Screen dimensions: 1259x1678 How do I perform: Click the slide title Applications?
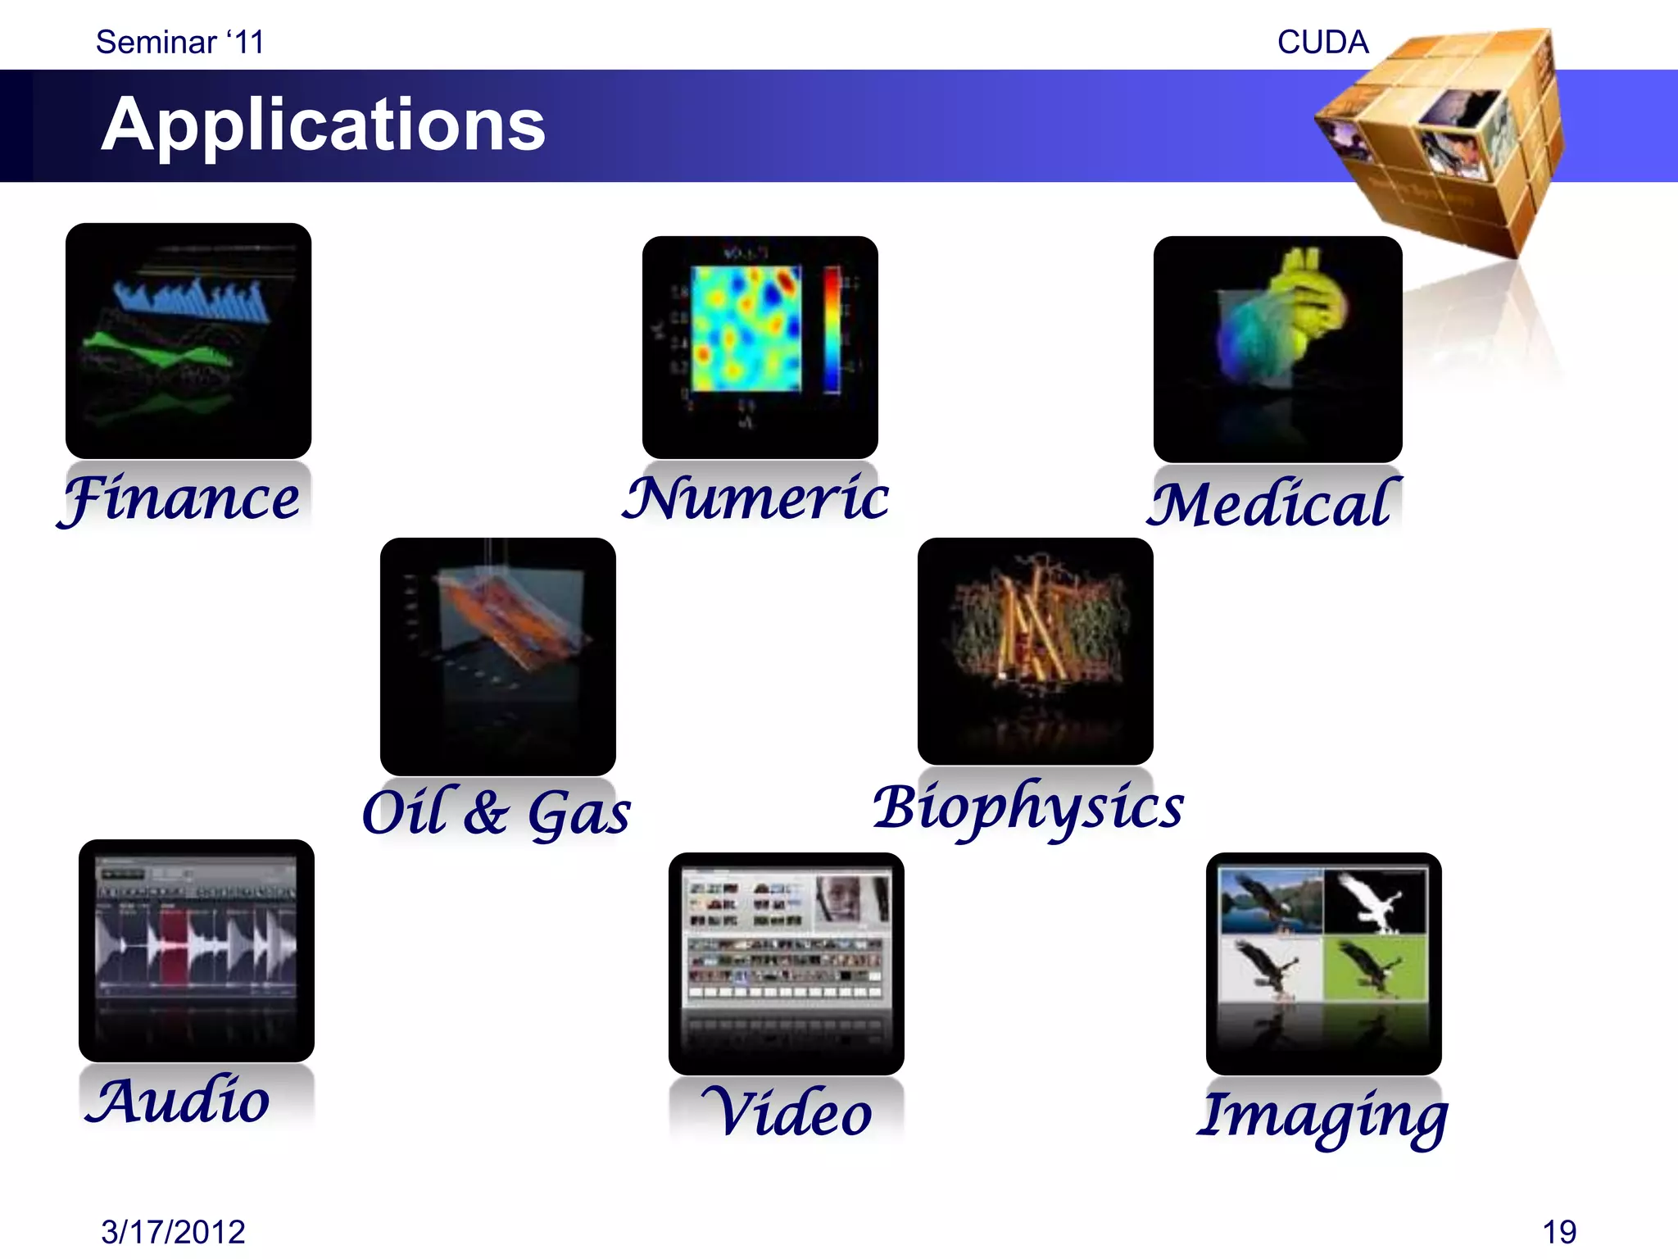point(323,125)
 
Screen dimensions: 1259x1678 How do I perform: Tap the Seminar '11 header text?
point(179,43)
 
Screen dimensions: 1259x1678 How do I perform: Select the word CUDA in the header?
point(1322,43)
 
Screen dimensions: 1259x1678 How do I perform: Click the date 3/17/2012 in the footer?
point(173,1231)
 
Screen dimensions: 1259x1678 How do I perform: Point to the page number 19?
point(1558,1231)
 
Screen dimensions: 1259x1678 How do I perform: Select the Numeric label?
point(755,498)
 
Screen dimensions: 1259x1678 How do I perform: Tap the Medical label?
point(1272,503)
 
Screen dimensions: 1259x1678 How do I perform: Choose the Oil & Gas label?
point(497,811)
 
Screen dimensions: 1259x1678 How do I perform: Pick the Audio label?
point(178,1100)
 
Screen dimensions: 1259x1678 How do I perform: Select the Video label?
point(787,1113)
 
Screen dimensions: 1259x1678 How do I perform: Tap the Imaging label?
point(1322,1116)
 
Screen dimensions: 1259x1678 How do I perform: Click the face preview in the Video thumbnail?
point(844,898)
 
